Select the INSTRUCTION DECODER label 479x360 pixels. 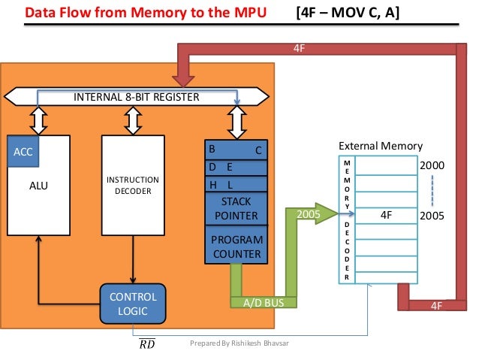(x=132, y=186)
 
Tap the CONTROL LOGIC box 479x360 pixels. (x=133, y=304)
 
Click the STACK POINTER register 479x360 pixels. (x=236, y=208)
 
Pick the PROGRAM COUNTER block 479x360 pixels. (x=236, y=247)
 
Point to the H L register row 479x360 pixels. (x=236, y=185)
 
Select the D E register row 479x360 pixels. (x=236, y=167)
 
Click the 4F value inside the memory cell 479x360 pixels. (x=387, y=214)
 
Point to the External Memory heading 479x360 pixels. (x=381, y=146)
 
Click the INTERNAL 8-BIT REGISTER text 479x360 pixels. (x=136, y=98)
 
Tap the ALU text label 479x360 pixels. (x=38, y=186)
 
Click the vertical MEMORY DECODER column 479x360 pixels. (x=346, y=220)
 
